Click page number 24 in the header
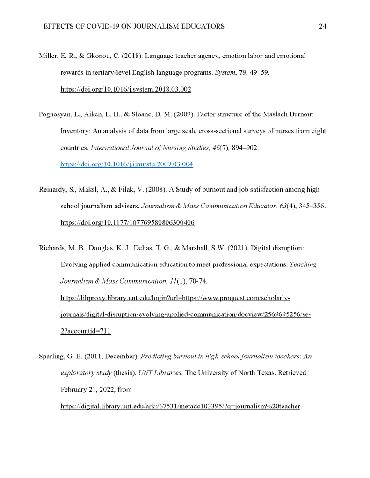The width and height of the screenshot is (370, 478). (x=322, y=26)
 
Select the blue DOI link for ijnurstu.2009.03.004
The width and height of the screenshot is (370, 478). (x=126, y=164)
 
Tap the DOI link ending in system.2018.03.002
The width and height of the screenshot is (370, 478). (x=126, y=89)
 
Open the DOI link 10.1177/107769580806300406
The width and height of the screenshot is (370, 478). (x=127, y=223)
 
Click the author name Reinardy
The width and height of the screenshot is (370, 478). (x=53, y=190)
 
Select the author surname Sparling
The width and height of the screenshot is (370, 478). (x=51, y=357)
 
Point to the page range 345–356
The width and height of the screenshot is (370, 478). (x=309, y=206)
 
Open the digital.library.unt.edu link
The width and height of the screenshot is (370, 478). (x=180, y=406)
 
